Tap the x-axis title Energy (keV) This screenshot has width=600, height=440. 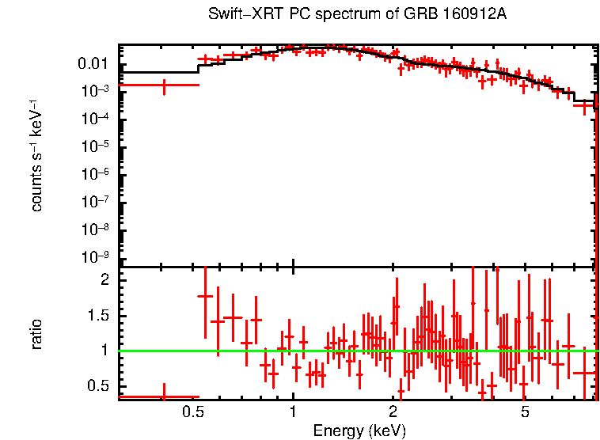click(x=359, y=431)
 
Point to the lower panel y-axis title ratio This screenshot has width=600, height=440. click(x=37, y=334)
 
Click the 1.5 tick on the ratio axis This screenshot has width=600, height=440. click(x=98, y=315)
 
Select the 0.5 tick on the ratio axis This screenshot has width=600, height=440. click(x=98, y=385)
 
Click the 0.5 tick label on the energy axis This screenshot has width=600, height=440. click(x=193, y=412)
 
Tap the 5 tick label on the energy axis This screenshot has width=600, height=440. click(x=525, y=412)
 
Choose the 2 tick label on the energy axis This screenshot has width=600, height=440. click(x=393, y=412)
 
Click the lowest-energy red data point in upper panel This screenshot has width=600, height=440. click(x=164, y=85)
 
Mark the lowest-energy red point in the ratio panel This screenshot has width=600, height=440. click(x=164, y=396)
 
